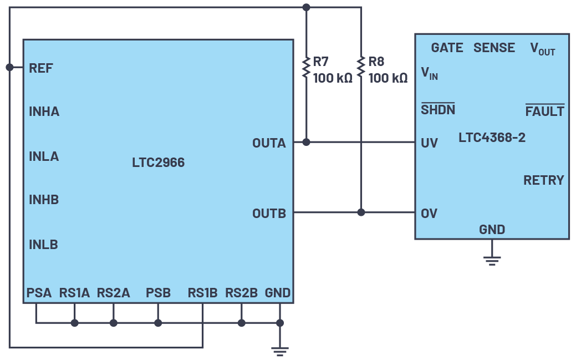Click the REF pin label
pos(41,68)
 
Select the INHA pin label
pos(44,112)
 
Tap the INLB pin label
pos(43,245)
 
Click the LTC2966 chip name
pos(158,163)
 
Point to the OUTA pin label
pos(269,143)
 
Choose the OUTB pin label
pos(269,214)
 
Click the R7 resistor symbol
pos(306,67)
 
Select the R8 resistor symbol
pos(361,67)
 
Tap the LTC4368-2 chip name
pos(492,138)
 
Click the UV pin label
pos(429,143)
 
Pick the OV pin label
pos(429,214)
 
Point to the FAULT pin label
pos(544,111)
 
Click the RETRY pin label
pos(543,180)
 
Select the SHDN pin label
pos(438,110)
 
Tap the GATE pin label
pos(447,48)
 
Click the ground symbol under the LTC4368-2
pos(492,259)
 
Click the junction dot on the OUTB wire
pos(361,212)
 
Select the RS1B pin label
pos(202,293)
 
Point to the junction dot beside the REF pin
pos(9,67)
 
